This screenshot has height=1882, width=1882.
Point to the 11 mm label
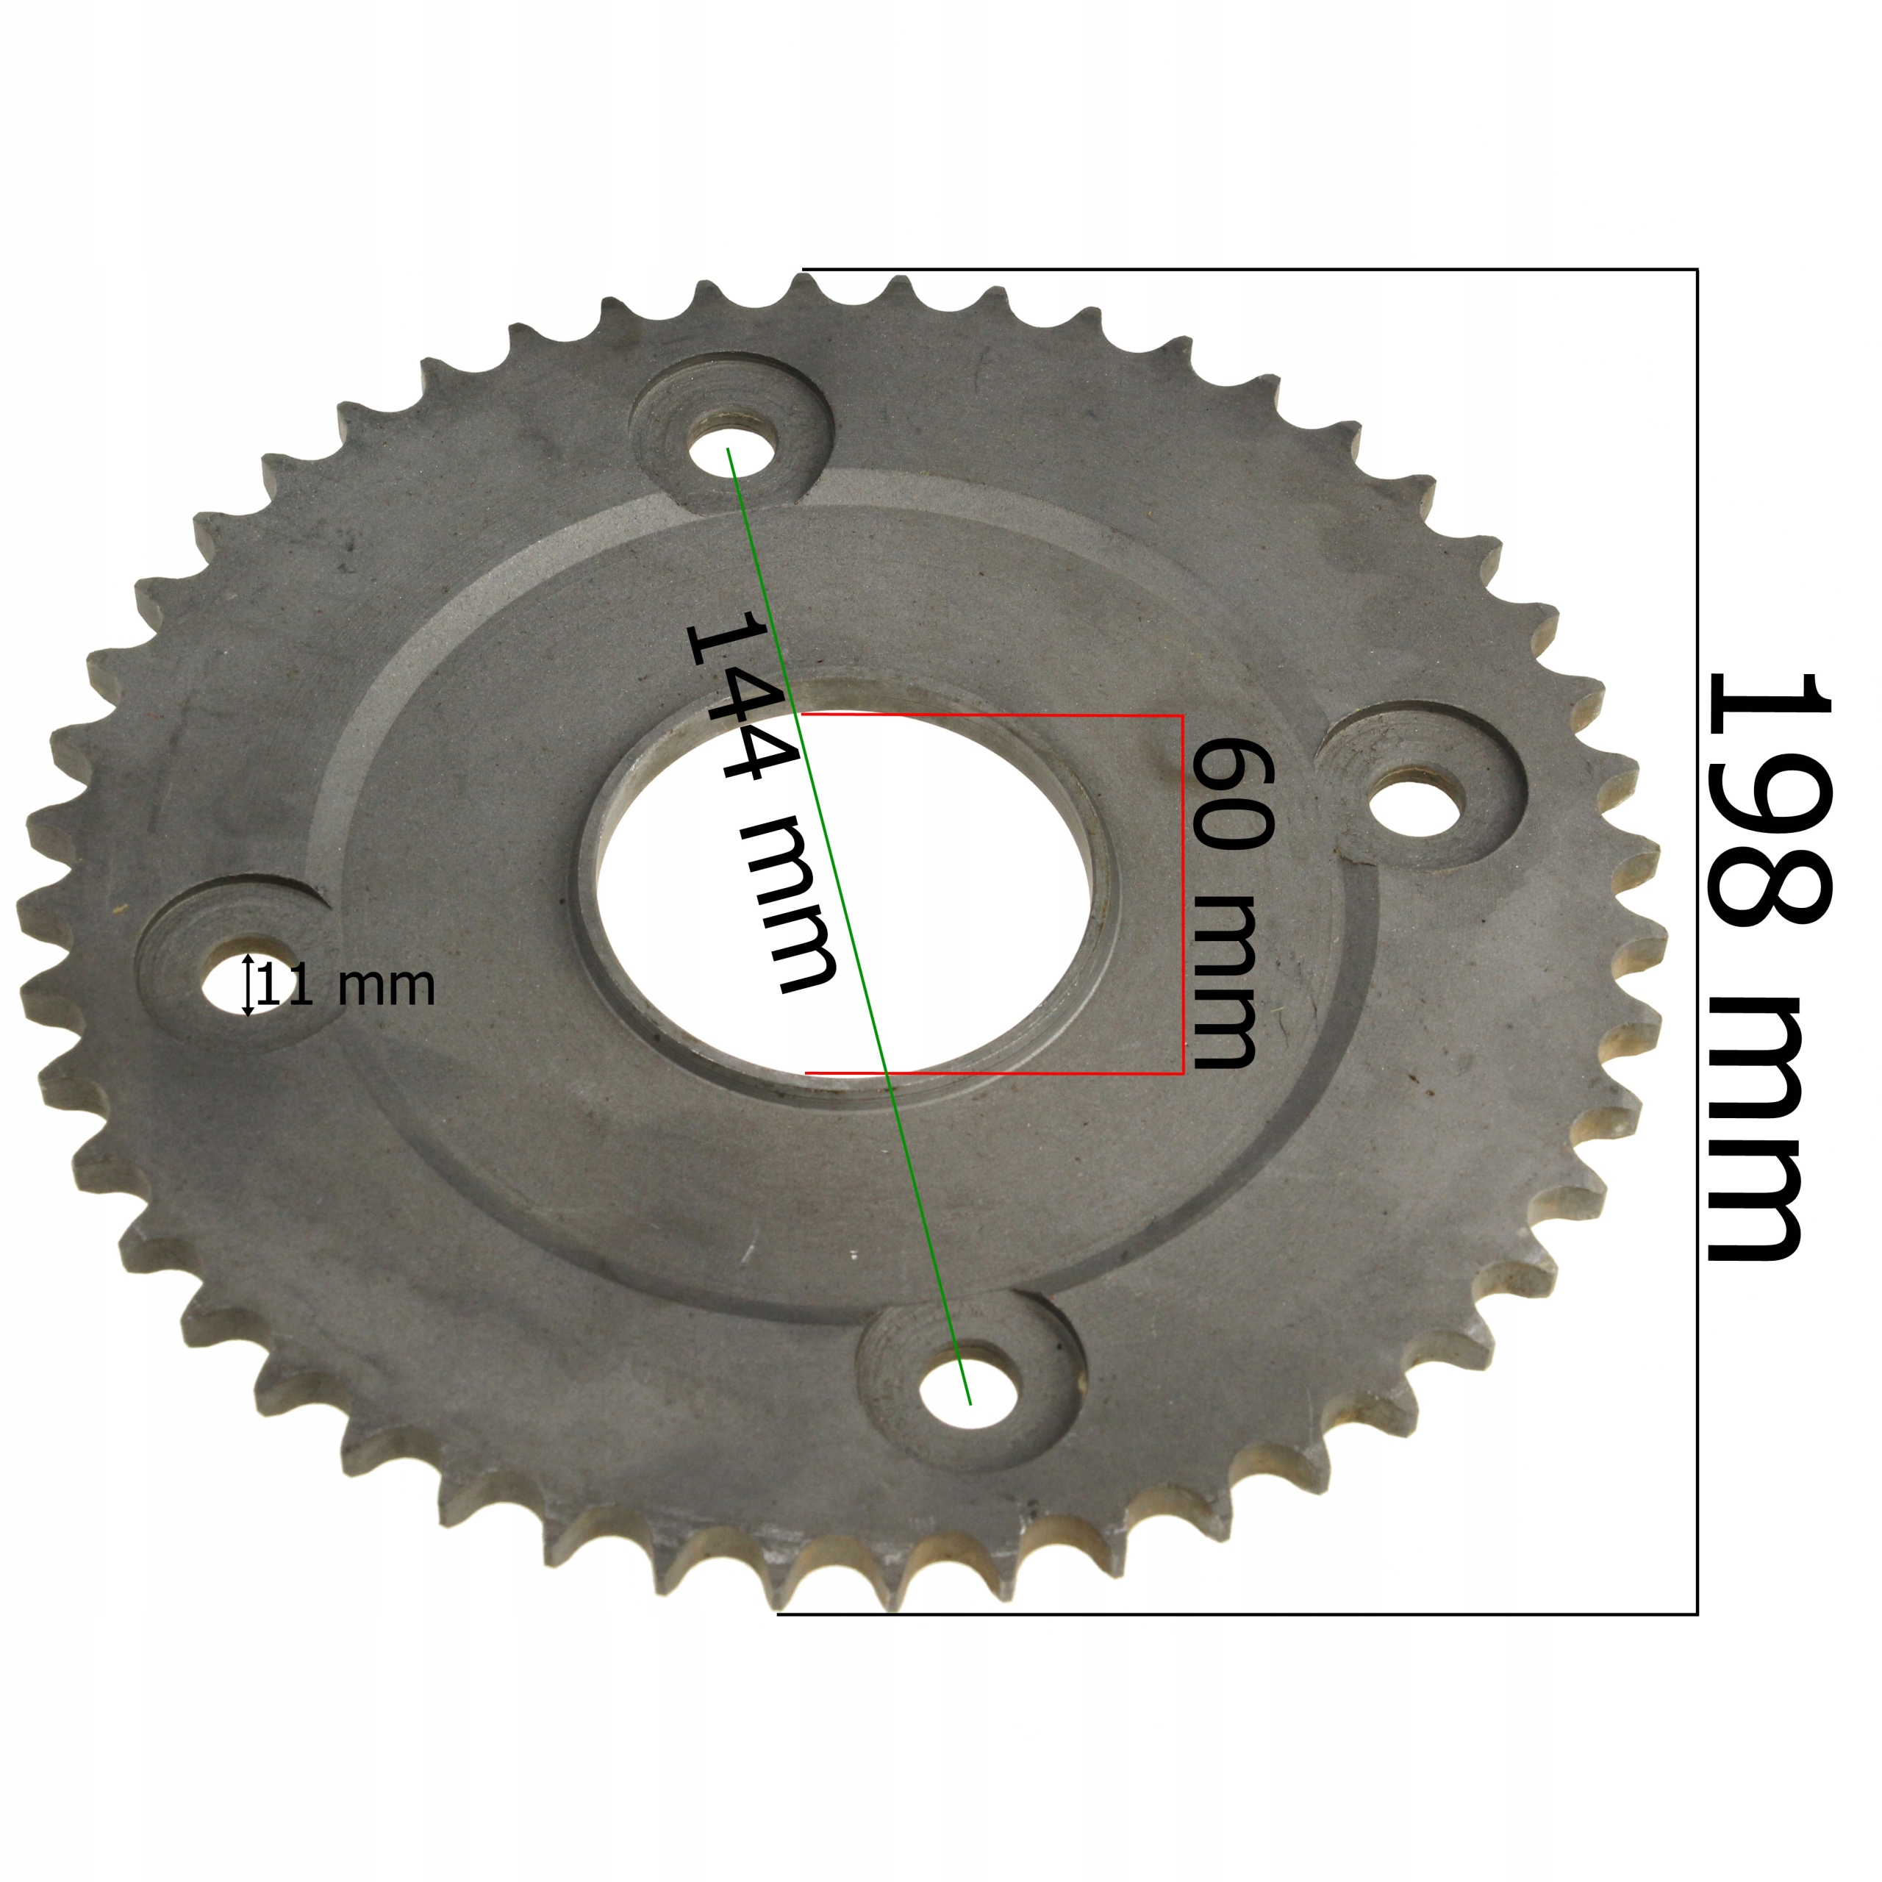348,985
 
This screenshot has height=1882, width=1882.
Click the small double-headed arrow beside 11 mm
248,985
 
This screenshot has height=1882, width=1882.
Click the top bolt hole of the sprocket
732,448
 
